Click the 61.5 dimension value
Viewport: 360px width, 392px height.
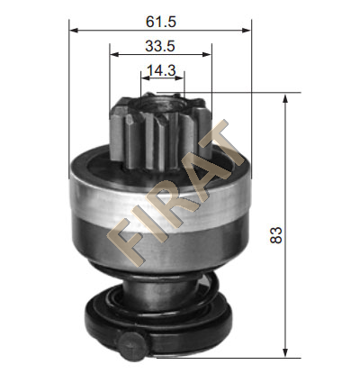161,22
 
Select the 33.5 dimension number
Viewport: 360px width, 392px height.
160,46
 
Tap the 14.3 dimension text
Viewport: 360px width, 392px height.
161,70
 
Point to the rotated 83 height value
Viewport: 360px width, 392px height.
276,235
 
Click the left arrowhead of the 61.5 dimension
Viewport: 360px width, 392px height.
74,31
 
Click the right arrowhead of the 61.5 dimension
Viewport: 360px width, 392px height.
247,31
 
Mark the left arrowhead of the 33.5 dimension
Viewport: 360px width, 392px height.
114,54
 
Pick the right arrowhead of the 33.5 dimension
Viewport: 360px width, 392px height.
207,54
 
